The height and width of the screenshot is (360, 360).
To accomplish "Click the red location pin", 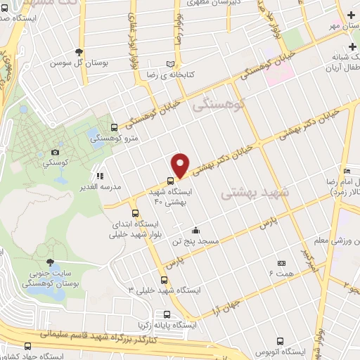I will click(x=181, y=165).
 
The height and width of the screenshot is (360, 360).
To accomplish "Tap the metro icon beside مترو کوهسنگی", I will click(x=114, y=127).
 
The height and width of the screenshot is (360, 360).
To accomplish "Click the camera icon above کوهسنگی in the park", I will click(x=56, y=152).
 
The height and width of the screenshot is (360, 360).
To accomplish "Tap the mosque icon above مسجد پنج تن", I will click(x=195, y=230).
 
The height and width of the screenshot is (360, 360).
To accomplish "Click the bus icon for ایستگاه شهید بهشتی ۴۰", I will click(x=170, y=181).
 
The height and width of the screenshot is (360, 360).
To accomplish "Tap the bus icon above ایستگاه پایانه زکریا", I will click(x=167, y=314).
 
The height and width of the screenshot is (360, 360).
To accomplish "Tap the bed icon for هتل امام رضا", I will click(x=347, y=171).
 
